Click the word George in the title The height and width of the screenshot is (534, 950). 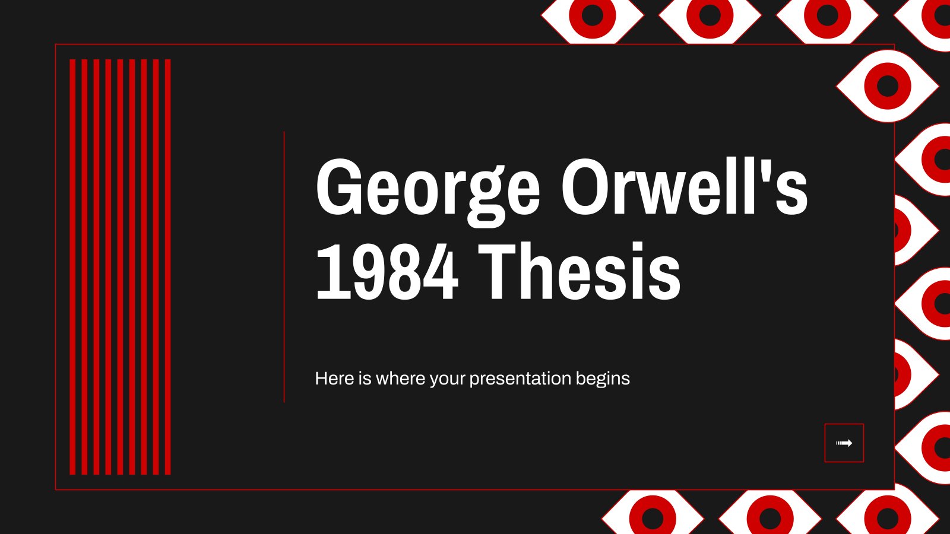tap(428, 193)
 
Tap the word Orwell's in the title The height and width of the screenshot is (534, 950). tap(685, 186)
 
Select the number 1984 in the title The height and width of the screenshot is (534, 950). tap(387, 271)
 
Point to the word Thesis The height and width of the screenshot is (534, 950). tap(579, 271)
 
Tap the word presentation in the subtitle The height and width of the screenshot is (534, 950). tap(520, 379)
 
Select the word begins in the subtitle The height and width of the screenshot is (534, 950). tap(603, 379)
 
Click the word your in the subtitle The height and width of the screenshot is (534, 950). tap(448, 380)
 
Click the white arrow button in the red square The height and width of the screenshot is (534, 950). tap(844, 443)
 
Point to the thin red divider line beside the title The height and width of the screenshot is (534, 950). tap(284, 266)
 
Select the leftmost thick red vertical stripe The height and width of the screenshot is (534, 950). tap(72, 267)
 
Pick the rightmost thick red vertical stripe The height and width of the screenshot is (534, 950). tap(167, 267)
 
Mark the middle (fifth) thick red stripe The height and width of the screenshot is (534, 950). tap(120, 267)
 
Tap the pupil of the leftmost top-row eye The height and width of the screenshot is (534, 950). tap(593, 15)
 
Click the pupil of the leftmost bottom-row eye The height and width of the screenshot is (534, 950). tap(653, 518)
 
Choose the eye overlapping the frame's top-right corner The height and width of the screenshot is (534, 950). tap(887, 86)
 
